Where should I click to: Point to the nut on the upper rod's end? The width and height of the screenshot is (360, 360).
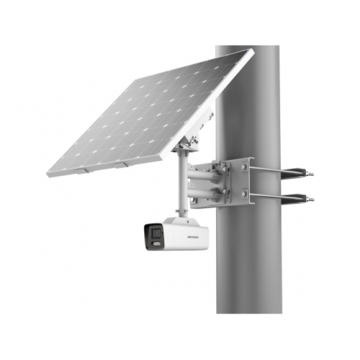[310, 172]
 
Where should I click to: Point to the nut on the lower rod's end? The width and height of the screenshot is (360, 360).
[310, 197]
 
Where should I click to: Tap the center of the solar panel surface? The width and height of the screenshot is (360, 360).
[148, 112]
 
